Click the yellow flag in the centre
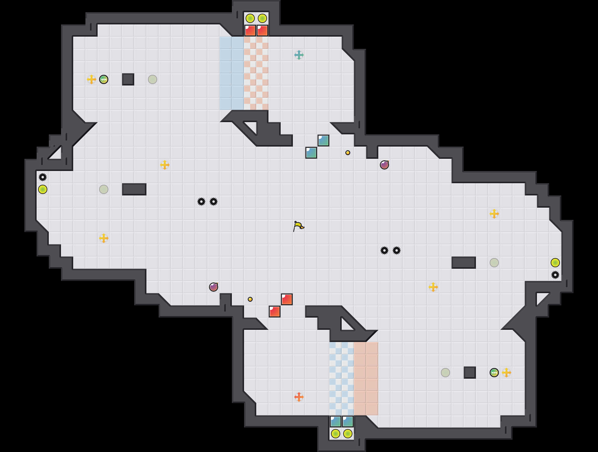tap(298, 226)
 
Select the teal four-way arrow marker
tap(299, 55)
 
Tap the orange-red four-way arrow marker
tap(299, 397)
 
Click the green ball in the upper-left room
tap(104, 79)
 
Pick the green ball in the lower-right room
tap(494, 373)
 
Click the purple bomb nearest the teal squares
tap(384, 165)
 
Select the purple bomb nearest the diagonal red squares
tap(214, 287)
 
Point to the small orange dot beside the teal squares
tap(348, 153)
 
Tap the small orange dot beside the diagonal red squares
tap(250, 299)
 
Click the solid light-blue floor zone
tap(232, 73)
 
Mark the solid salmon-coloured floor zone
tap(366, 379)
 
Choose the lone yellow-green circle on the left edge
tap(43, 189)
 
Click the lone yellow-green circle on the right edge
tap(555, 263)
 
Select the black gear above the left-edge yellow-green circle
tap(43, 177)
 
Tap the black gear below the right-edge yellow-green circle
tap(555, 275)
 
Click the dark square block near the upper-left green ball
tap(128, 79)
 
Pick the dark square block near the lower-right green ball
tap(470, 373)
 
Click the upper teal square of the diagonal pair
tap(323, 140)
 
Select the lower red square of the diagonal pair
tap(275, 312)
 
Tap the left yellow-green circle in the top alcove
tap(250, 18)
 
